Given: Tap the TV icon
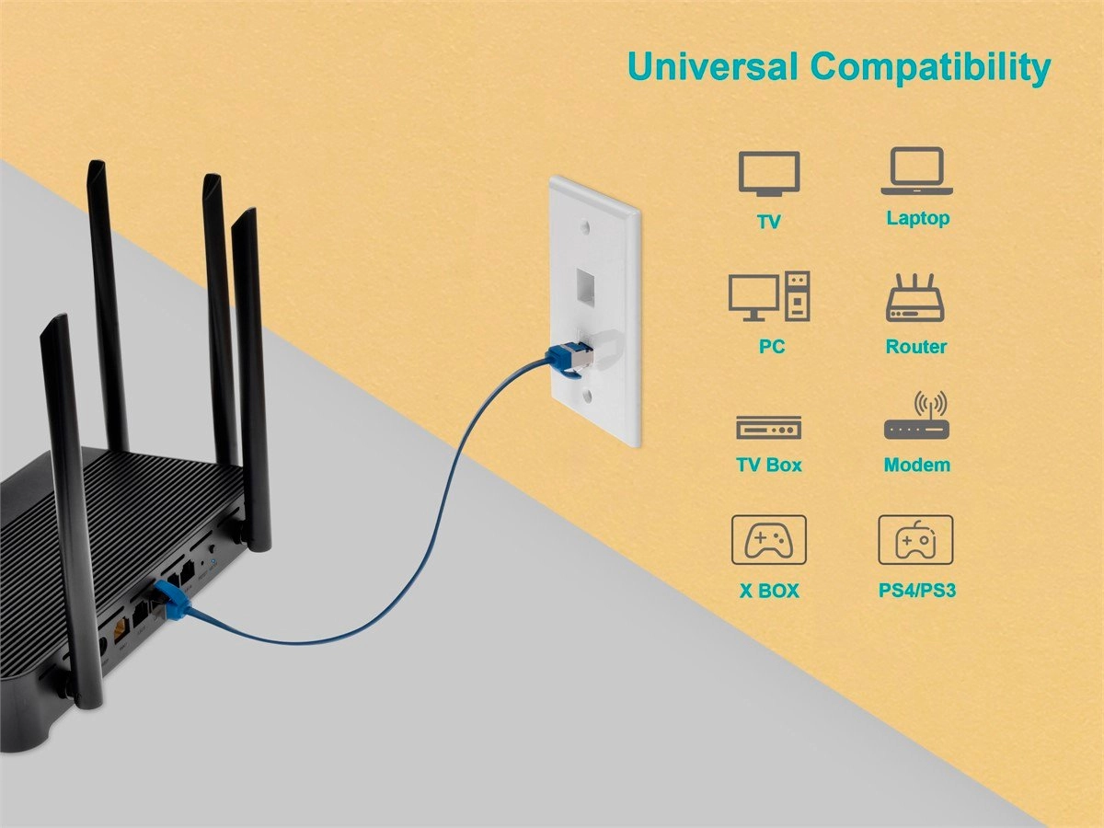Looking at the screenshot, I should point(768,174).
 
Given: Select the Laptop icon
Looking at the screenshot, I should point(917,172).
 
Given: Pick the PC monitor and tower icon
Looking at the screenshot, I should point(769,296).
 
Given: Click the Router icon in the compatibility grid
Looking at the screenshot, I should point(915,298).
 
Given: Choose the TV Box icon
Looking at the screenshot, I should point(768,428).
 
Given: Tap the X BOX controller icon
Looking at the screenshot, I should point(768,539).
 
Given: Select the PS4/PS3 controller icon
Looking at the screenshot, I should point(915,539).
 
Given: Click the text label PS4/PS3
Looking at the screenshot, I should point(916,590).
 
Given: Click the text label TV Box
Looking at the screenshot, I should point(769,466).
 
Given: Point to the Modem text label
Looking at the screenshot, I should point(916,466).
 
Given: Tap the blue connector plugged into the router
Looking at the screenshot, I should point(171,599).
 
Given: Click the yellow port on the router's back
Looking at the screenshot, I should point(119,630).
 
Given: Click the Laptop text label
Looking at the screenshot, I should point(917,219).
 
